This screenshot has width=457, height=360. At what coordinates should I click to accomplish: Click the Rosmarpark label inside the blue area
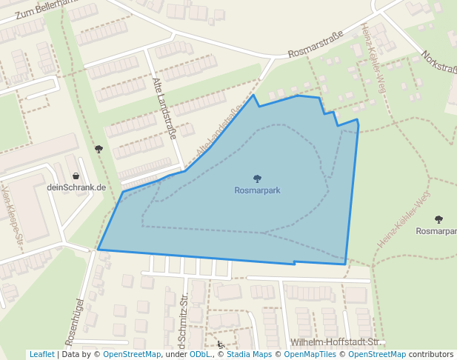click(x=257, y=190)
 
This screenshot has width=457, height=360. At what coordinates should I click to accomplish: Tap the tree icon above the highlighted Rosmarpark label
click(x=257, y=179)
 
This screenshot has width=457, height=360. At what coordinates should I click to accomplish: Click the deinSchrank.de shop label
click(x=76, y=187)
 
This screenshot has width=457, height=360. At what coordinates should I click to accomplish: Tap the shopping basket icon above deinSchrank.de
click(x=76, y=176)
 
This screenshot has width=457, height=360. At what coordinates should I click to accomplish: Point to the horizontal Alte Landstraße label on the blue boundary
click(x=219, y=132)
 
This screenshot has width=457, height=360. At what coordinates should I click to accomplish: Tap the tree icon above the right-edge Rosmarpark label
click(x=438, y=219)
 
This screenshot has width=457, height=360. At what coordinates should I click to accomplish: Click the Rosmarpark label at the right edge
click(x=436, y=231)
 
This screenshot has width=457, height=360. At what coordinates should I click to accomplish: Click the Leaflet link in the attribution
click(x=41, y=354)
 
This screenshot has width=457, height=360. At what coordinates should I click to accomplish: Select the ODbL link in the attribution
click(x=199, y=354)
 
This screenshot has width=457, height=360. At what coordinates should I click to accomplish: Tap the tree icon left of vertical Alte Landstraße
click(x=99, y=149)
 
